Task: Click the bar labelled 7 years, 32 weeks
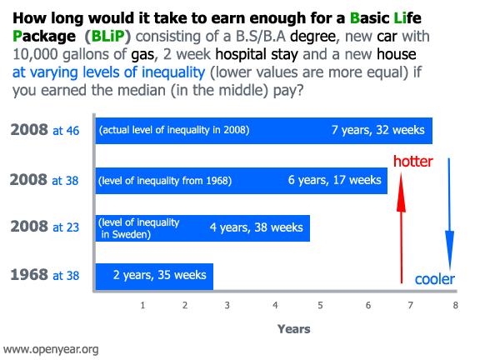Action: point(264,131)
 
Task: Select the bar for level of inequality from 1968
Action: point(241,181)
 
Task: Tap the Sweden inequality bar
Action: point(202,228)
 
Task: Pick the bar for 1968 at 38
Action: point(154,277)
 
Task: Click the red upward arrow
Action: point(401,228)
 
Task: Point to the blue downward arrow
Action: point(449,214)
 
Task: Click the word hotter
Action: point(413,162)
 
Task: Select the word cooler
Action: point(435,279)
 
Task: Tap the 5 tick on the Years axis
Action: point(320,305)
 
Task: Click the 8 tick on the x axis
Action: point(456,305)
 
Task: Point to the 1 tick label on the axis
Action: point(142,305)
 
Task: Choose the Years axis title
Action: point(293,329)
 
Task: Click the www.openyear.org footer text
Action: point(51,349)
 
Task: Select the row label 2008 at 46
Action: point(45,130)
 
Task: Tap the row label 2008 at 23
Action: point(45,227)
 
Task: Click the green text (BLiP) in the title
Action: point(107,37)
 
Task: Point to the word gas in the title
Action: point(142,55)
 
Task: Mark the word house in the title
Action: point(397,54)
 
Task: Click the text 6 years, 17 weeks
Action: point(335,180)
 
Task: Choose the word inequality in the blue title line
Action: point(173,72)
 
